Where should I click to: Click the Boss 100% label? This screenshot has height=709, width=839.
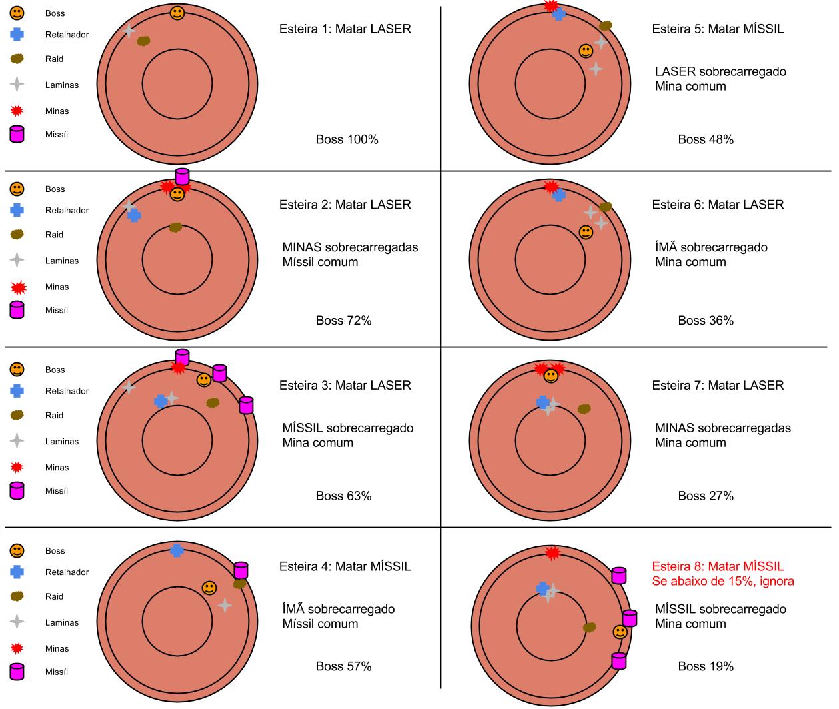pyautogui.click(x=347, y=139)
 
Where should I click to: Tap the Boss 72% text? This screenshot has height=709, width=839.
pyautogui.click(x=343, y=321)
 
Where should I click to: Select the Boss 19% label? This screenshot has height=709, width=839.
pyautogui.click(x=706, y=666)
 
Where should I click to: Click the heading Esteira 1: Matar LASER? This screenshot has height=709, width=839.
pyautogui.click(x=345, y=29)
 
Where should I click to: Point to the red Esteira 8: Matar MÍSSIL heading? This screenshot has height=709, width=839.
pyautogui.click(x=717, y=566)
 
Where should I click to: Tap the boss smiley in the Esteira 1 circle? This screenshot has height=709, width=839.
pyautogui.click(x=177, y=13)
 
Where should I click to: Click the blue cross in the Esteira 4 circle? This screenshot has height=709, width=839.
pyautogui.click(x=177, y=550)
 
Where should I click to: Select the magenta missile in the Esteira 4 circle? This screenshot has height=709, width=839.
pyautogui.click(x=241, y=570)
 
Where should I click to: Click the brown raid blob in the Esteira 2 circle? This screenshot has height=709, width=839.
pyautogui.click(x=175, y=227)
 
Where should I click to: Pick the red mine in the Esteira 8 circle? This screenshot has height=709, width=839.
pyautogui.click(x=552, y=552)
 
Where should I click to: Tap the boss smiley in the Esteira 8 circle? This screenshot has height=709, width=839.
pyautogui.click(x=620, y=632)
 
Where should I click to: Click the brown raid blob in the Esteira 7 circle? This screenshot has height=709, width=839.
pyautogui.click(x=584, y=408)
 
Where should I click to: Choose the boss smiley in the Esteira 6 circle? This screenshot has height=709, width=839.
pyautogui.click(x=586, y=232)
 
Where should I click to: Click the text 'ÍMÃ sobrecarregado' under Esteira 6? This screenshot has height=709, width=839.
pyautogui.click(x=710, y=247)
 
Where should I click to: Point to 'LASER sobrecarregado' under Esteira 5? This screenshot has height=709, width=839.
pyautogui.click(x=720, y=71)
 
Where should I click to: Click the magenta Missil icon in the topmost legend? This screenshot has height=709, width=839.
pyautogui.click(x=17, y=134)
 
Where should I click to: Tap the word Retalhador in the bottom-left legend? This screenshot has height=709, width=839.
pyautogui.click(x=67, y=572)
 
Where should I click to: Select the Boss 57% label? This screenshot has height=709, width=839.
pyautogui.click(x=343, y=666)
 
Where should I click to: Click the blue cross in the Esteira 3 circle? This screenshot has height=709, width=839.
pyautogui.click(x=160, y=401)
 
